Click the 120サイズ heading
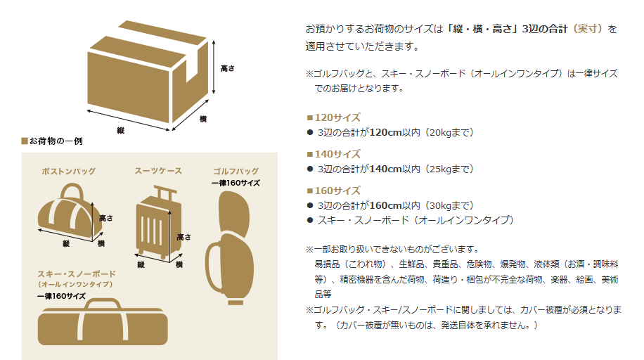[337, 117]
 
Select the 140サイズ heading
[337, 154]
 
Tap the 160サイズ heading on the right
[337, 191]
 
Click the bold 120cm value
[385, 132]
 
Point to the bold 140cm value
[385, 169]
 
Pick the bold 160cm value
[385, 205]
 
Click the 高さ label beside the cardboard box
[227, 68]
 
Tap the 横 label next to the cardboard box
[203, 120]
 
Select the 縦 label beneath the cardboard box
[120, 130]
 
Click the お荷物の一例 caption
[56, 141]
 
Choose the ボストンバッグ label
[69, 171]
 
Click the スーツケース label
[158, 171]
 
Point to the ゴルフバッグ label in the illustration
[236, 171]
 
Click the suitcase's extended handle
[163, 191]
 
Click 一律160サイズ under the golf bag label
[236, 183]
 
